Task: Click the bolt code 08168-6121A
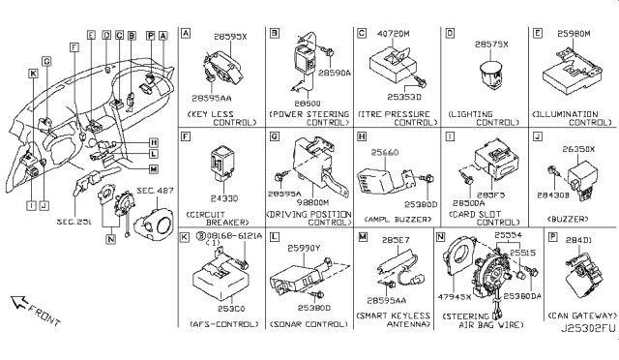click(x=229, y=236)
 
